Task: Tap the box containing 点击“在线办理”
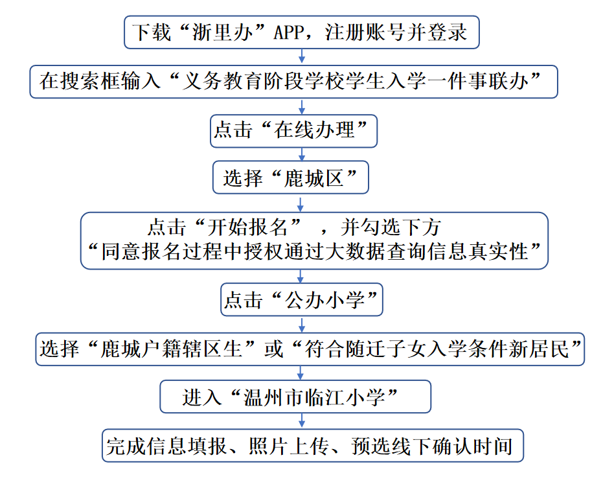[x=294, y=130]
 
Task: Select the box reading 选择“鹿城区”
[x=291, y=178]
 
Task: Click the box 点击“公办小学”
[x=301, y=300]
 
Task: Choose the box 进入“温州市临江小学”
[x=295, y=397]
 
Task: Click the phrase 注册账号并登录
[x=396, y=32]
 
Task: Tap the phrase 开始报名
[x=253, y=227]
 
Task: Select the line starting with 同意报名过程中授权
[x=313, y=251]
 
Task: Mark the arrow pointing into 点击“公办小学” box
[x=301, y=276]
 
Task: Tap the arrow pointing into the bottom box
[x=301, y=421]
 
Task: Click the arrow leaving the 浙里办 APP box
[x=301, y=57]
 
